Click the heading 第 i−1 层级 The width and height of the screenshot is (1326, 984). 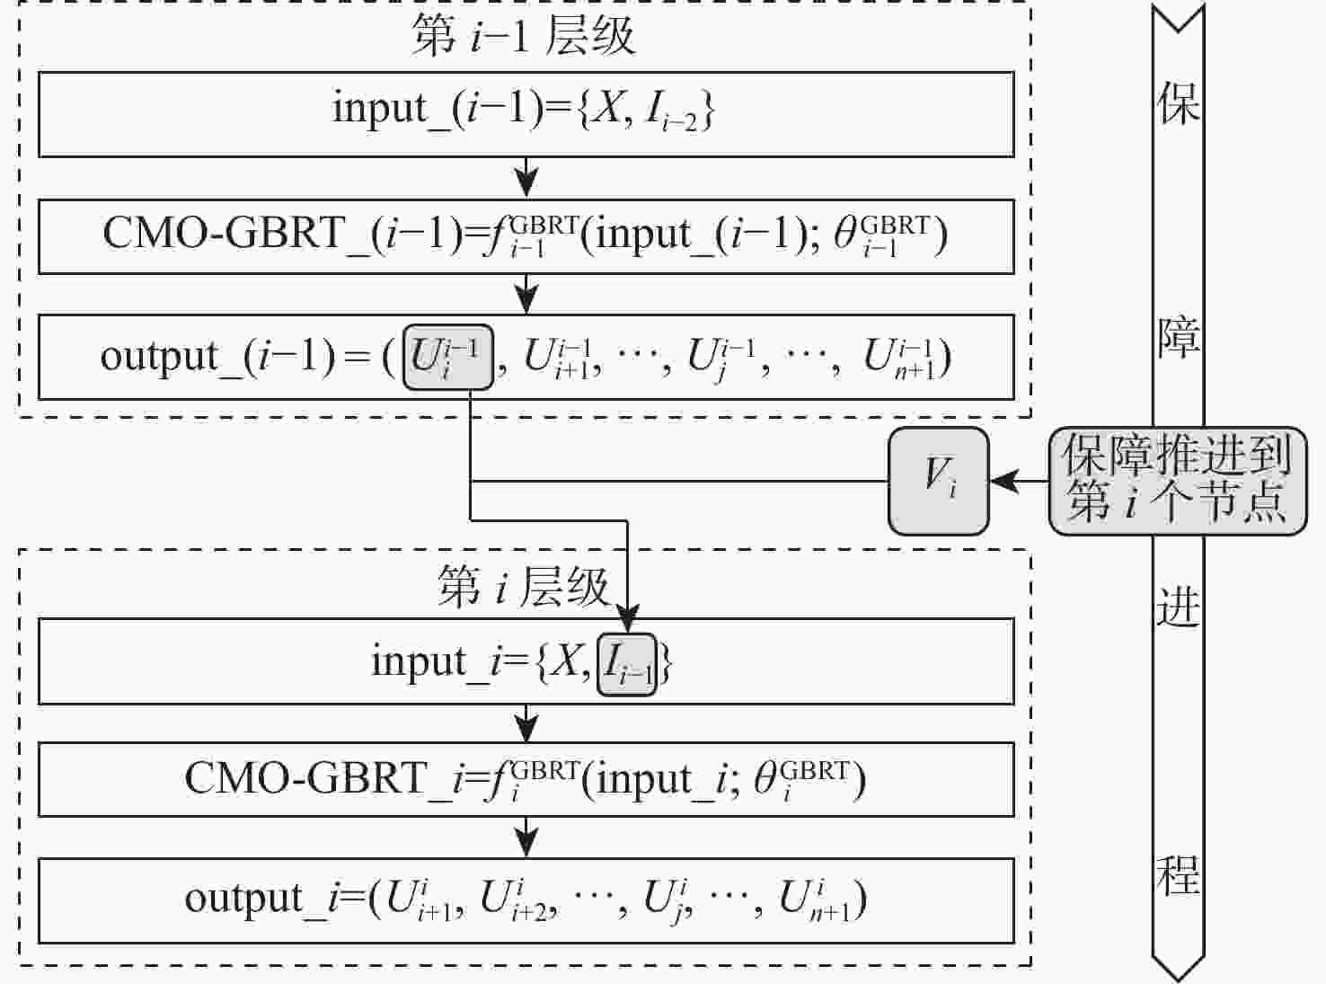tap(523, 35)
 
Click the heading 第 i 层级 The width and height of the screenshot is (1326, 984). tap(523, 586)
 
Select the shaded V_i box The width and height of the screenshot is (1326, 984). tap(939, 481)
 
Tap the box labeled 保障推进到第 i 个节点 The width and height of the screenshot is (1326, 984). tap(1178, 481)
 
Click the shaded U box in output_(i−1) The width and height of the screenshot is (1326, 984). tap(448, 357)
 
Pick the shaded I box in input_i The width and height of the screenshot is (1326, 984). tap(627, 665)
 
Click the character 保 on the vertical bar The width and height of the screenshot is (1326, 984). tap(1179, 102)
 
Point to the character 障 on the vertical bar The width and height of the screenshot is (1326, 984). tap(1179, 337)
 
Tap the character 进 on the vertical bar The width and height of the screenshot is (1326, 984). tap(1179, 606)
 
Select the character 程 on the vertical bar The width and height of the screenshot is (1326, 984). tap(1179, 874)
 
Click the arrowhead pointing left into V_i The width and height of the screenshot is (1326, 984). tap(1004, 481)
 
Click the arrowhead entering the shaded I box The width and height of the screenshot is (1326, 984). tap(627, 619)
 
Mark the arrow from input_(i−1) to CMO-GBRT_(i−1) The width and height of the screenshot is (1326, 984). tap(526, 178)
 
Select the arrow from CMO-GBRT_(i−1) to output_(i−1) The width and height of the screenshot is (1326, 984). tap(526, 295)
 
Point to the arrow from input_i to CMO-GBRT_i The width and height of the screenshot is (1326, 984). tap(526, 723)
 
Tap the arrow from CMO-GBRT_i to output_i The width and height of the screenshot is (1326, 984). tap(526, 838)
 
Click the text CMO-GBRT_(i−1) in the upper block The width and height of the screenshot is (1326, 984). tap(283, 235)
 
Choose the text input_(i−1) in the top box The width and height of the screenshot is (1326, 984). tap(438, 109)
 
